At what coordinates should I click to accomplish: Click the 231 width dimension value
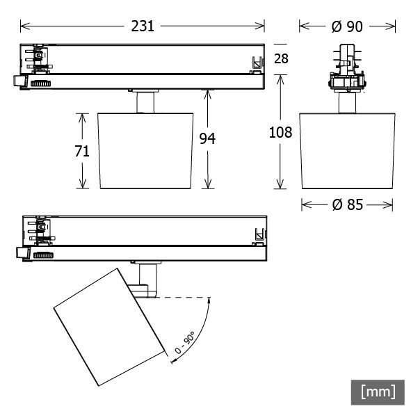point(143,26)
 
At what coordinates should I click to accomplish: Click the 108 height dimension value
point(280,132)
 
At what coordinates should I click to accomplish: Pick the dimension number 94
point(207,138)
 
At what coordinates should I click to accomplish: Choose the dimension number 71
point(83,150)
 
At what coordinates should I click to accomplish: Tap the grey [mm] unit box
point(378,392)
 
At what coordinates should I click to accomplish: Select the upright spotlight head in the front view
point(145,150)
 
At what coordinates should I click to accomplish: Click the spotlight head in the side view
point(348,150)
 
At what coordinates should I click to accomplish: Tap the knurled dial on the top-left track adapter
point(40,83)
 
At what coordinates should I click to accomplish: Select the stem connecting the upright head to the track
point(145,102)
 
